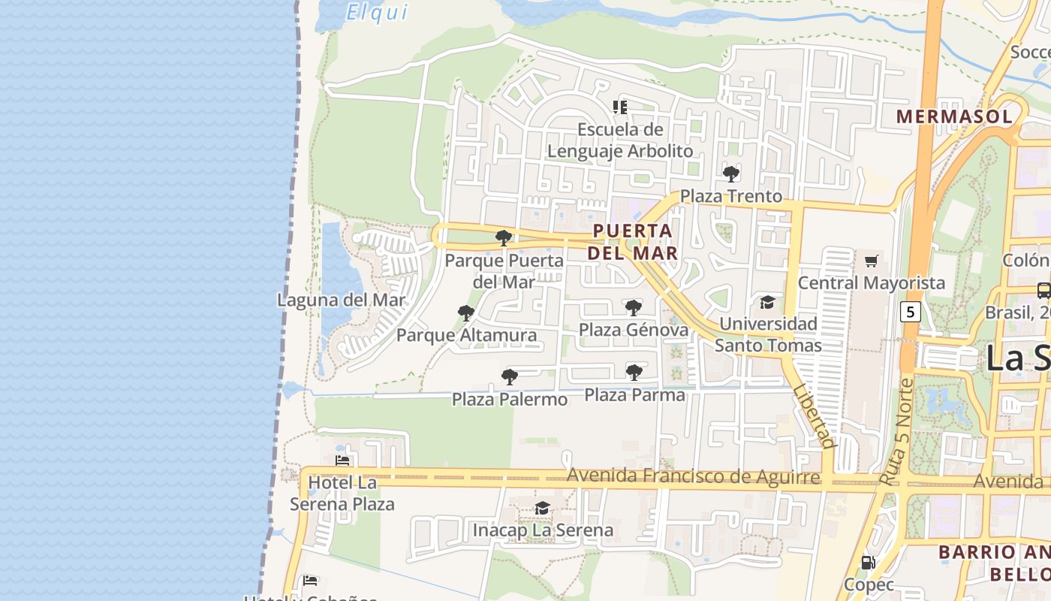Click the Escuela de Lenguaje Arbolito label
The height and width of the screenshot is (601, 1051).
(620, 140)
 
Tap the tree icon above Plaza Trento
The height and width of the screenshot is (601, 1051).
(730, 174)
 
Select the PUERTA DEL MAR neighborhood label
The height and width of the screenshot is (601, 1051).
(632, 242)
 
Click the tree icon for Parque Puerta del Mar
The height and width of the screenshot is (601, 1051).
(504, 239)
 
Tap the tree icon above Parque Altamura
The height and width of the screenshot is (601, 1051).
(465, 313)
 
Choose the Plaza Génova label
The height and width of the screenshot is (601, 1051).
(633, 330)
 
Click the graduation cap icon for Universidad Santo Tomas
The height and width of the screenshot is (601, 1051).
(767, 302)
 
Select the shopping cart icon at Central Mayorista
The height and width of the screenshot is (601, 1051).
(871, 261)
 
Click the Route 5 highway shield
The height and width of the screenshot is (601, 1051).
(910, 311)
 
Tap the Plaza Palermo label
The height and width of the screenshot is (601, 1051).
(509, 399)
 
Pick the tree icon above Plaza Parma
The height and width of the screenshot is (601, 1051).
(634, 372)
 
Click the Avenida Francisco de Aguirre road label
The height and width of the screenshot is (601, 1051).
(693, 476)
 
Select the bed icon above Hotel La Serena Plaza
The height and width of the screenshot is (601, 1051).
(342, 461)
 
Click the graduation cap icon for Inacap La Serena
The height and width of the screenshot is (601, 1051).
(542, 509)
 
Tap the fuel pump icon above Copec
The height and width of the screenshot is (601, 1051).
(868, 562)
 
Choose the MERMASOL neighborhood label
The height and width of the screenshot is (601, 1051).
(953, 116)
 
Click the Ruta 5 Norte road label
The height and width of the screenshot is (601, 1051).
(896, 432)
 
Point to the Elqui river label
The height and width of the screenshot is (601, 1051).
(377, 12)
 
